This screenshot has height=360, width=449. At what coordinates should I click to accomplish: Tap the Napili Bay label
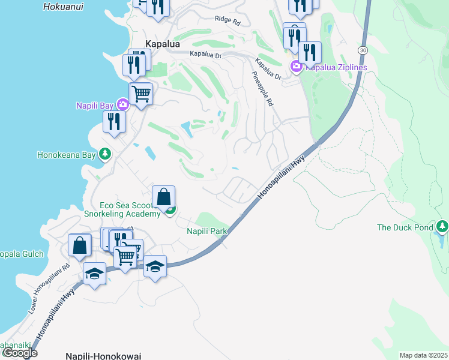pos(95,106)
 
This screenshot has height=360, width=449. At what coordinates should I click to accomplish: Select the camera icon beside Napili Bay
pos(122,105)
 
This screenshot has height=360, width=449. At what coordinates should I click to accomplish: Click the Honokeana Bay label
pos(67,155)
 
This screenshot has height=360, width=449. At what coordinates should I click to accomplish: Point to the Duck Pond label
pos(405,227)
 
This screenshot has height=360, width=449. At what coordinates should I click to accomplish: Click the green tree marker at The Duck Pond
pos(442,227)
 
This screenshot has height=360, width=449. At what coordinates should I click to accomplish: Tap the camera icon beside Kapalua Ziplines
pos(296,67)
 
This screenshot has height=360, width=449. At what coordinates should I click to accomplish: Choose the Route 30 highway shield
pos(363,49)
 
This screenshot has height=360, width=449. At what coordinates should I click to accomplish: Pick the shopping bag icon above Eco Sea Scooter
pos(163,196)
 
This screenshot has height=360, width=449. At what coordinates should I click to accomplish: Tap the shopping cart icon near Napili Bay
pos(141,94)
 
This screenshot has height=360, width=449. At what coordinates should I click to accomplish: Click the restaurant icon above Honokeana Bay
pos(113,121)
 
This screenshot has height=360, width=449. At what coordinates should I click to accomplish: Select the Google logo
pos(19,353)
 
